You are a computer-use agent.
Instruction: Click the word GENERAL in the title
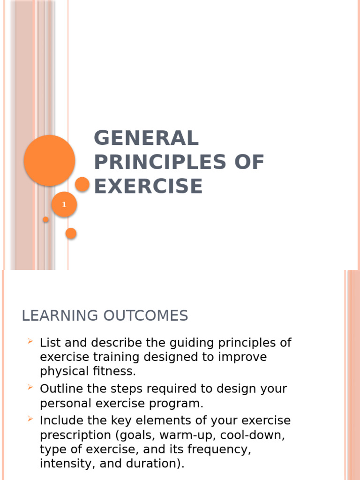pyautogui.click(x=146, y=138)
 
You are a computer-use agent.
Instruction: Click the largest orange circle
pyautogui.click(x=49, y=160)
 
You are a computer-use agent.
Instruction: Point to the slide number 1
pyautogui.click(x=64, y=205)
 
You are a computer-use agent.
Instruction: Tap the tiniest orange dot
pyautogui.click(x=46, y=219)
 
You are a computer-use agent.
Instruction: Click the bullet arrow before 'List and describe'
pyautogui.click(x=30, y=342)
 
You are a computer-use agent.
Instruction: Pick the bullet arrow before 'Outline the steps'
pyautogui.click(x=30, y=387)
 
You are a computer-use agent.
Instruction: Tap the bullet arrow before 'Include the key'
pyautogui.click(x=30, y=419)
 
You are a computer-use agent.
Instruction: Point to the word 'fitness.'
pyautogui.click(x=114, y=371)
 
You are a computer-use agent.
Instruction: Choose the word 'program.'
pyautogui.click(x=180, y=403)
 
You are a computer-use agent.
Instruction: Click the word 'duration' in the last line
pyautogui.click(x=149, y=464)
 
